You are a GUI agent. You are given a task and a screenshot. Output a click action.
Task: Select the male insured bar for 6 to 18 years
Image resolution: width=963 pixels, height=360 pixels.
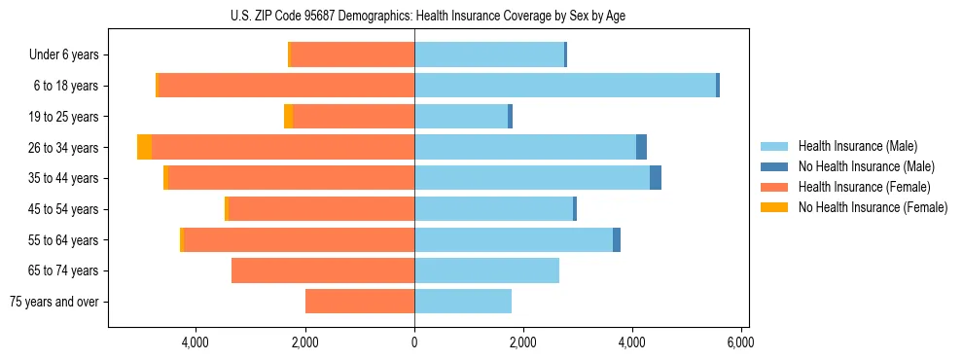click(565, 86)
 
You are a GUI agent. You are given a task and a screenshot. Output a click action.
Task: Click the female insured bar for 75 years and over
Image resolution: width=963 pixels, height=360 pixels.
click(360, 302)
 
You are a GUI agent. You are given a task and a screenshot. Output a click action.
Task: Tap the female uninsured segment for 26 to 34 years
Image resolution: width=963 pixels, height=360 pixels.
click(144, 147)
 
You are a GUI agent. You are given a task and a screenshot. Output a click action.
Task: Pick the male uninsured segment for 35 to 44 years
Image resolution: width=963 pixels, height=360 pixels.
click(656, 178)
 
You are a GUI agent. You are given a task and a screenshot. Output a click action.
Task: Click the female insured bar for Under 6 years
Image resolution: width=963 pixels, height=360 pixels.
click(353, 54)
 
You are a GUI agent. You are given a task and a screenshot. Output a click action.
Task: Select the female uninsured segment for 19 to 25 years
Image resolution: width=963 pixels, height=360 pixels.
click(288, 117)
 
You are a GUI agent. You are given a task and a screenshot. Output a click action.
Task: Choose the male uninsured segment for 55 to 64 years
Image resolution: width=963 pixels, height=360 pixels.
click(617, 239)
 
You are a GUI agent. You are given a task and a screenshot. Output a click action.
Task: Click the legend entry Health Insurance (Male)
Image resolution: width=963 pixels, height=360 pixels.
click(857, 146)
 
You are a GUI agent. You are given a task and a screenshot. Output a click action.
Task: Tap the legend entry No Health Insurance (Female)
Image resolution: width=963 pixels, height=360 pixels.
click(873, 207)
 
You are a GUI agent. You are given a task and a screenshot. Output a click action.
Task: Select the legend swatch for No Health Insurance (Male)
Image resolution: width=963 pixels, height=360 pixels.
click(774, 166)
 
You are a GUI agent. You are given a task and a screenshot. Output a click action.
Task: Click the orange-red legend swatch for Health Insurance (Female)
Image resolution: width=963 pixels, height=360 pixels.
click(774, 187)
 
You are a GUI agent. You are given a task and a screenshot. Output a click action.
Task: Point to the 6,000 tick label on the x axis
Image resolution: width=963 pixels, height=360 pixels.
click(741, 342)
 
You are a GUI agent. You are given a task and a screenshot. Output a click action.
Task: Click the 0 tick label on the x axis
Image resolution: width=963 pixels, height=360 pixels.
click(414, 342)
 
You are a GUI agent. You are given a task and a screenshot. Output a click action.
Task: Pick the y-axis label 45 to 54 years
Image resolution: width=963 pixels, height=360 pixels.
click(64, 209)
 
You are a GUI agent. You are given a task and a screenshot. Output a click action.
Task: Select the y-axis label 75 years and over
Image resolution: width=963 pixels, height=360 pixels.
click(54, 302)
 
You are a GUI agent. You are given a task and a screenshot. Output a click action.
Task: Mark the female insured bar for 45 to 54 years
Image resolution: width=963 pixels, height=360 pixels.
click(321, 209)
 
